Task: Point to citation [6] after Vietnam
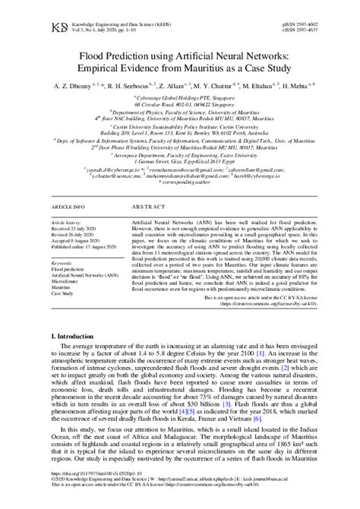(258, 418)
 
